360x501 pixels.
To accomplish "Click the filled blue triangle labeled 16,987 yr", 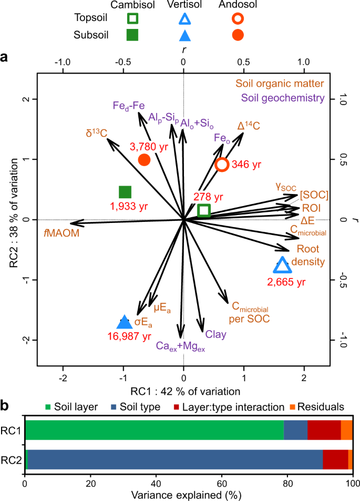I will (x=124, y=322).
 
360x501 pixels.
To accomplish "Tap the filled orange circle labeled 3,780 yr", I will (x=144, y=159).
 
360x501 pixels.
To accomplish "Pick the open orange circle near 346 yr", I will (x=222, y=165).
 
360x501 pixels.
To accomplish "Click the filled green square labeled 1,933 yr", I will (x=125, y=192).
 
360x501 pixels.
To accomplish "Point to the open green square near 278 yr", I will (x=204, y=210).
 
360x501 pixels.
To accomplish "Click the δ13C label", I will (x=97, y=132).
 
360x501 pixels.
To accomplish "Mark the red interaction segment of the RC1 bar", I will (x=324, y=430).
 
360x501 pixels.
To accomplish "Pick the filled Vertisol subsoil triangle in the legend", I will (x=184, y=35).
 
